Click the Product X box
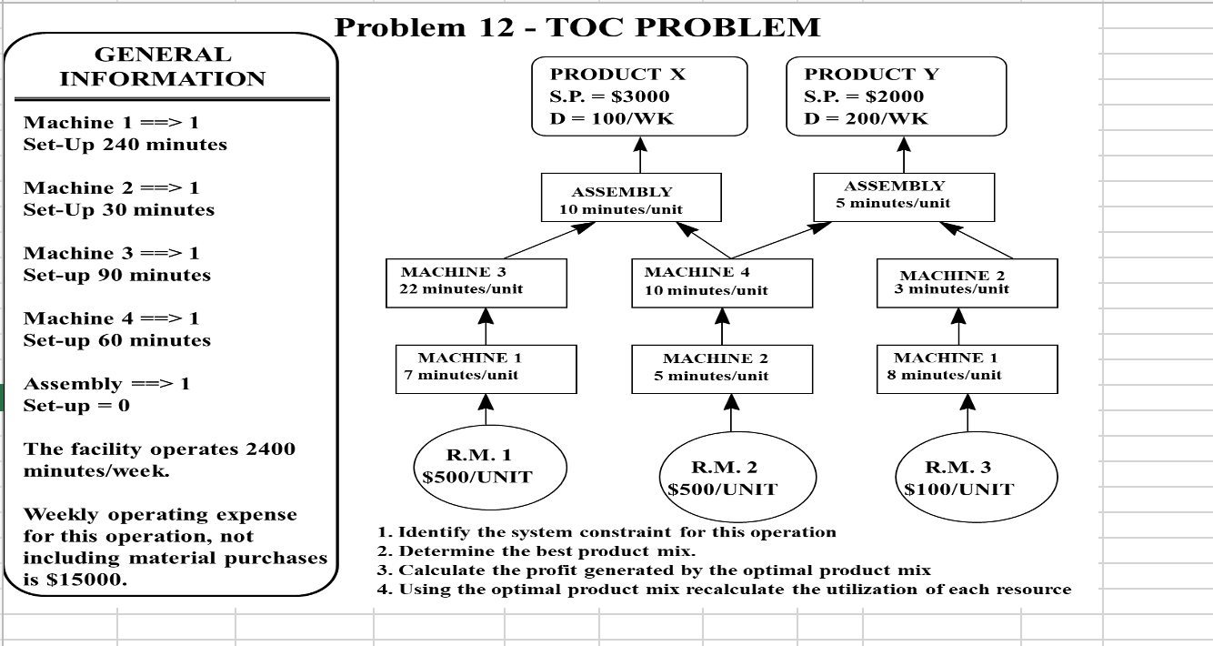point(639,96)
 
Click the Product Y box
point(896,96)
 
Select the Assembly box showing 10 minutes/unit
point(631,198)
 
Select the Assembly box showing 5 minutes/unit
point(903,197)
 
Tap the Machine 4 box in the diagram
point(722,283)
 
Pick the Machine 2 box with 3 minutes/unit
point(967,283)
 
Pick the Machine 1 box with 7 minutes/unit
point(486,368)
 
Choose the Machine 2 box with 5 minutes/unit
point(722,368)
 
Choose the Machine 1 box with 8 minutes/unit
point(967,368)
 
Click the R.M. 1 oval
point(476,467)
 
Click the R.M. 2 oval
point(723,478)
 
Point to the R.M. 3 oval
point(967,478)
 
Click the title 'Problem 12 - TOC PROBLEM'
point(577,27)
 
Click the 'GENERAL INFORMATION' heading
point(163,67)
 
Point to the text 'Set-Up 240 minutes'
point(125,145)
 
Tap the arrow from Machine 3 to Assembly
point(549,240)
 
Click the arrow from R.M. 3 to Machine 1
point(967,413)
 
